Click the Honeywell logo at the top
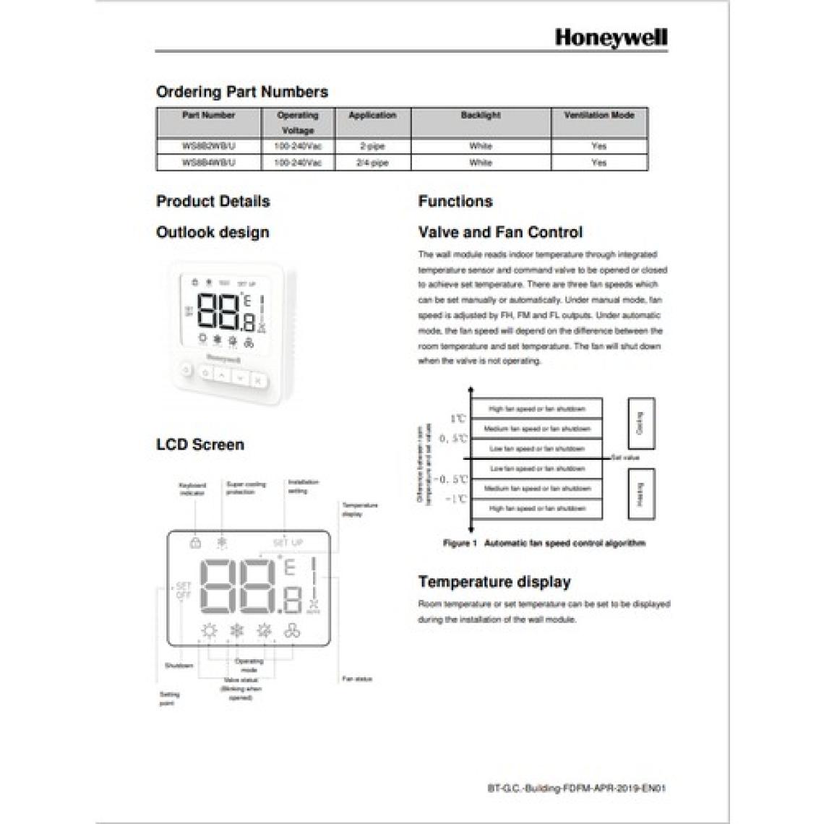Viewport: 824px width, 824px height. click(611, 38)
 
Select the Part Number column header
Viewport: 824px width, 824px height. click(209, 116)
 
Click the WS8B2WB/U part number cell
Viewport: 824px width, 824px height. click(209, 146)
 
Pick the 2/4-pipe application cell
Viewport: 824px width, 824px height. click(372, 163)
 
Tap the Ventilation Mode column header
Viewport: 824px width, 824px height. click(598, 116)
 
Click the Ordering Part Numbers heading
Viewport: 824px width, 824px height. click(242, 93)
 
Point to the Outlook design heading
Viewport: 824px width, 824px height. click(213, 233)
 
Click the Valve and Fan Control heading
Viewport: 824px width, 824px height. click(500, 233)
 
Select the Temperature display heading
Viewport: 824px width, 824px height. click(494, 582)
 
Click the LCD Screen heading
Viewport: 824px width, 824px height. click(200, 445)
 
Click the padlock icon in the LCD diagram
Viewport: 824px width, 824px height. click(195, 542)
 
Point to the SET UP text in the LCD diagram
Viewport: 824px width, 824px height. click(288, 543)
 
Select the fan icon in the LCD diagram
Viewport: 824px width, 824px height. click(293, 631)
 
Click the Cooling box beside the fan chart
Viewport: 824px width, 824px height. click(640, 424)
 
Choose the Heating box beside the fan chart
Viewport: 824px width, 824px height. click(640, 494)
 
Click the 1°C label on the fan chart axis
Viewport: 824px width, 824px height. click(458, 419)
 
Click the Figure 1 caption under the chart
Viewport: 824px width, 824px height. click(544, 543)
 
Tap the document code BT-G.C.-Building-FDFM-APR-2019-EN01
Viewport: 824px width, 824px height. click(576, 788)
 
